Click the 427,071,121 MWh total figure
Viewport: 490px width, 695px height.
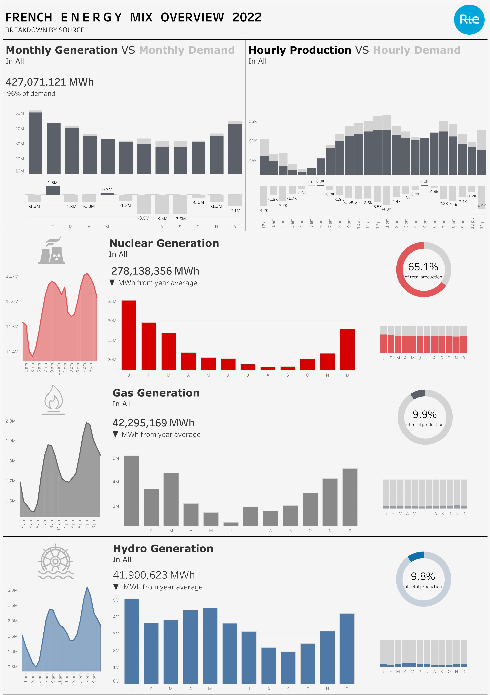coord(50,82)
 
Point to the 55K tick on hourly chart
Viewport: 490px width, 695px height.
coord(253,121)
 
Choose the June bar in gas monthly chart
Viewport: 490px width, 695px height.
coord(231,524)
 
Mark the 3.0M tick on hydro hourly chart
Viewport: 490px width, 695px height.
coord(13,590)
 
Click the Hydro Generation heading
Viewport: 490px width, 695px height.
coord(163,549)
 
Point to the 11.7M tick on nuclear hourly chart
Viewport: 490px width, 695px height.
coord(12,276)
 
